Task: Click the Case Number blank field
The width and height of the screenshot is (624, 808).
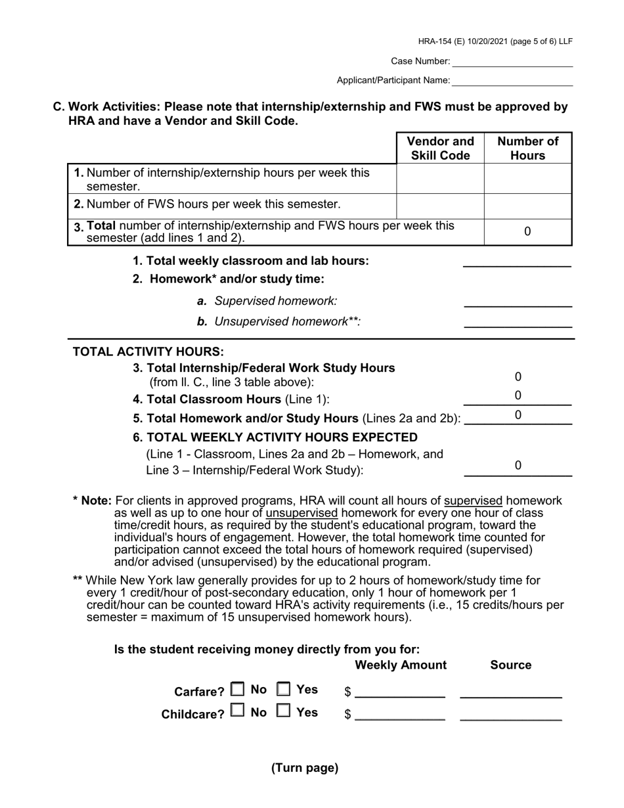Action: [512, 61]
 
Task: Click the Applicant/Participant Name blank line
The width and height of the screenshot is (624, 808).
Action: [512, 80]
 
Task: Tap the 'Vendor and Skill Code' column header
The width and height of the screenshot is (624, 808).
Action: [440, 148]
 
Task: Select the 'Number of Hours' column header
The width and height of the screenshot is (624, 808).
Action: [527, 148]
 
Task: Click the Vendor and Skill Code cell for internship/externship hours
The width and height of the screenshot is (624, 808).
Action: [440, 179]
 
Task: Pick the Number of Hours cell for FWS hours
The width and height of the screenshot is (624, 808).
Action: [527, 206]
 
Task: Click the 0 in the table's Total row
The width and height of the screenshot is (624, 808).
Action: [527, 232]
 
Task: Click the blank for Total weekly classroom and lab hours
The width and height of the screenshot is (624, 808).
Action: [517, 261]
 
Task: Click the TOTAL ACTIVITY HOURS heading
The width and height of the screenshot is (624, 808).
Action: [148, 351]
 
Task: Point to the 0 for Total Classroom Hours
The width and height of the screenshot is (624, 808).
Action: [518, 395]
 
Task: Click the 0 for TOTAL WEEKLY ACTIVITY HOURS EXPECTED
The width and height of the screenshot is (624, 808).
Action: [518, 466]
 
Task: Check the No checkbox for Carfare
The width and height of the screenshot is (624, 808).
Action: [237, 689]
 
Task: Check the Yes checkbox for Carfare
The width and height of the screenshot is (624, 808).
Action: [283, 689]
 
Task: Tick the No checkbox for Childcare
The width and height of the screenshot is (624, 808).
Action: [237, 711]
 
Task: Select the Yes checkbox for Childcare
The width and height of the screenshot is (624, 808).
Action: [283, 711]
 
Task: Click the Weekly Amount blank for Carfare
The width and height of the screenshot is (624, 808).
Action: [399, 692]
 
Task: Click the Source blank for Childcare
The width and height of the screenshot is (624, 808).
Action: [510, 715]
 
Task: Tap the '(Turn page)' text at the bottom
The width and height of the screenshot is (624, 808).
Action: [305, 768]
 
